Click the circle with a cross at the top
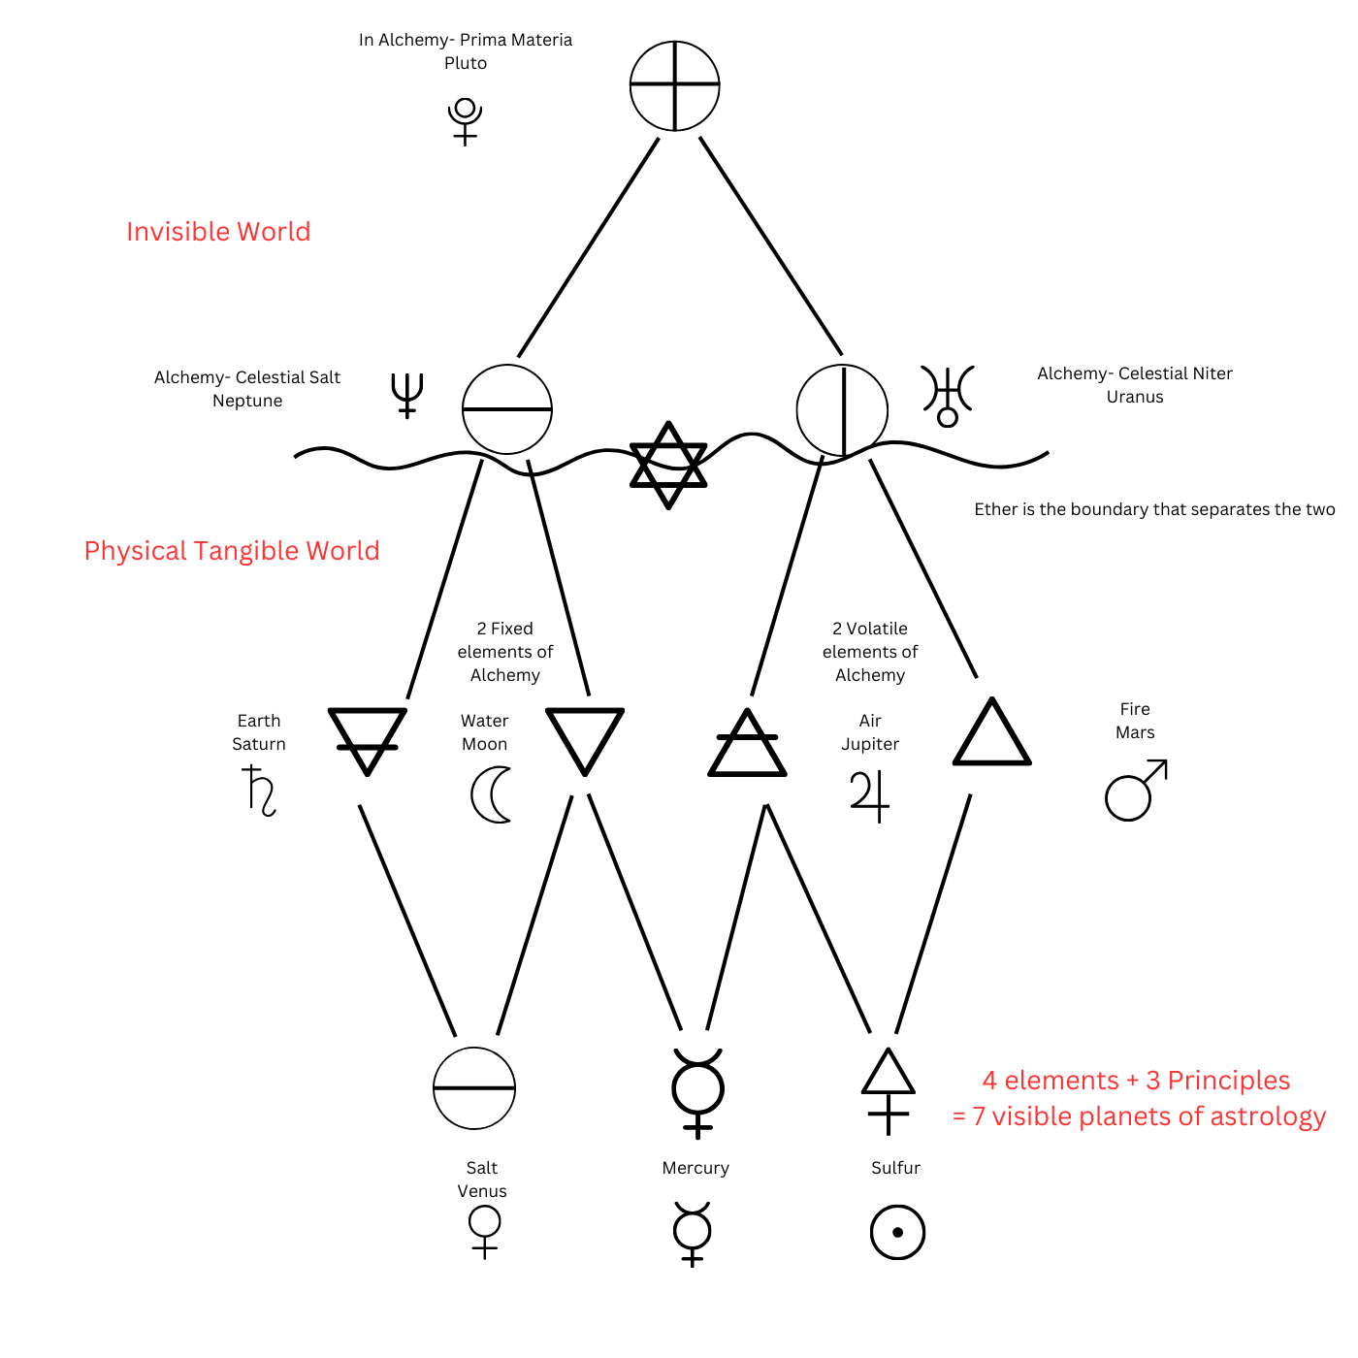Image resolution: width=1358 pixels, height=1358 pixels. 674,85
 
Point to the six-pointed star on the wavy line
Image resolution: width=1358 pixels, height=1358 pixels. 668,465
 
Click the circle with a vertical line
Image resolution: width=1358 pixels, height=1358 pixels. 842,410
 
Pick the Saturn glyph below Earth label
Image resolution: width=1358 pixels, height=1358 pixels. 259,790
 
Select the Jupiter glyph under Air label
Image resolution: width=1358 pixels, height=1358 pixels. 869,795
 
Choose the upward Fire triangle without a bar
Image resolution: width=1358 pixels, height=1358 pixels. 991,734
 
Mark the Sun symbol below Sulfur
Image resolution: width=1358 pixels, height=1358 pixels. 897,1232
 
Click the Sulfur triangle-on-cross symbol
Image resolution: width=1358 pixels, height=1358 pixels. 889,1091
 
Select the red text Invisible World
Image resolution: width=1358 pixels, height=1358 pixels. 218,232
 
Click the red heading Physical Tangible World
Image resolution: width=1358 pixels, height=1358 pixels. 232,551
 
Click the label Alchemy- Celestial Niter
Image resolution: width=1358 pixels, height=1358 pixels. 1134,373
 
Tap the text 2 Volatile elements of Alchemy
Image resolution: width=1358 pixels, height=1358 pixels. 870,652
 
